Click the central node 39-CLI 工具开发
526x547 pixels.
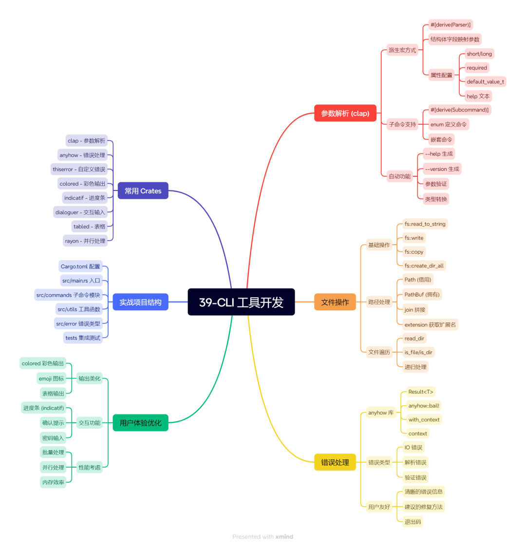point(241,302)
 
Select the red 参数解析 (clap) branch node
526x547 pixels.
point(345,113)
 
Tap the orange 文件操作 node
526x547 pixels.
point(335,302)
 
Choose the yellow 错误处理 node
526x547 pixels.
point(335,462)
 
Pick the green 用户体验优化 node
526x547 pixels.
point(141,423)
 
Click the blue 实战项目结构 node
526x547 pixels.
point(141,302)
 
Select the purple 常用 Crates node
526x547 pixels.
point(143,191)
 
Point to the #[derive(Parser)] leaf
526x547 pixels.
point(451,25)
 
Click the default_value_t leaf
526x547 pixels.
point(485,82)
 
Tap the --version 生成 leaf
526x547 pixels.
point(442,169)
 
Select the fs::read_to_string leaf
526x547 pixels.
point(425,224)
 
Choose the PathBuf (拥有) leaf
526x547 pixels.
point(422,295)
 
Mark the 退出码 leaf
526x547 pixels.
point(413,522)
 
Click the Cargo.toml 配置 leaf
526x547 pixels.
point(80,266)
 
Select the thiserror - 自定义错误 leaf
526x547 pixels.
point(79,170)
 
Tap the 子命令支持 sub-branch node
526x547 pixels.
point(402,124)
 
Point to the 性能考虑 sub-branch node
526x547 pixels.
point(89,468)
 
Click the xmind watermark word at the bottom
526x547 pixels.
point(284,537)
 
